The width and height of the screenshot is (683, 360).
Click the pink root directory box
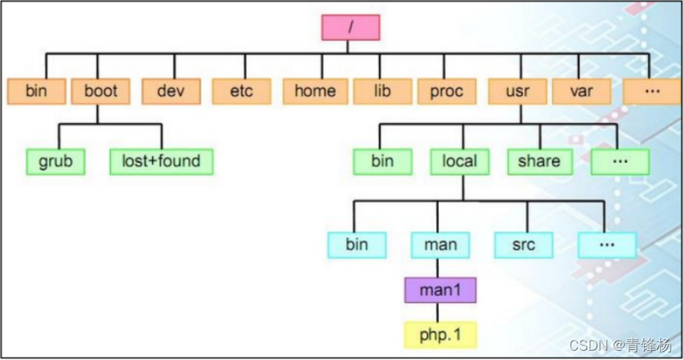[x=350, y=26]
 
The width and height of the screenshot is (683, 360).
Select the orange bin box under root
[x=36, y=91]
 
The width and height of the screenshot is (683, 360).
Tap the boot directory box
[x=101, y=91]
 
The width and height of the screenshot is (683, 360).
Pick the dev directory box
[x=170, y=91]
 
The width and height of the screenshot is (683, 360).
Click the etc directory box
[x=242, y=91]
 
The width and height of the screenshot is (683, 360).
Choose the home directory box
[x=314, y=91]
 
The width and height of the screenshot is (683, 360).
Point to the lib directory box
[x=382, y=91]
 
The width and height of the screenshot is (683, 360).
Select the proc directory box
[x=447, y=91]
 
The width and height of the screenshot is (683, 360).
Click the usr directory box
[x=518, y=91]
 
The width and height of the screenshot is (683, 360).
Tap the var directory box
[x=581, y=91]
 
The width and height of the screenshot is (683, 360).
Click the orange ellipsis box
[x=652, y=91]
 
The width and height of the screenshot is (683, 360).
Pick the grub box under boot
[x=55, y=161]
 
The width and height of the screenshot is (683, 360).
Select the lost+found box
[x=161, y=161]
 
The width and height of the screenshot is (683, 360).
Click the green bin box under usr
[x=382, y=161]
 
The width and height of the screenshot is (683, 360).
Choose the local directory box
[x=459, y=161]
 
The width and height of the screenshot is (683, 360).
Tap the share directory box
[x=539, y=161]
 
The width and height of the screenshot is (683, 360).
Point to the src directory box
[x=524, y=245]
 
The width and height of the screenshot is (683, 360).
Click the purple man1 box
[x=441, y=290]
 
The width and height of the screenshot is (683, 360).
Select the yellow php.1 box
[x=441, y=334]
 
